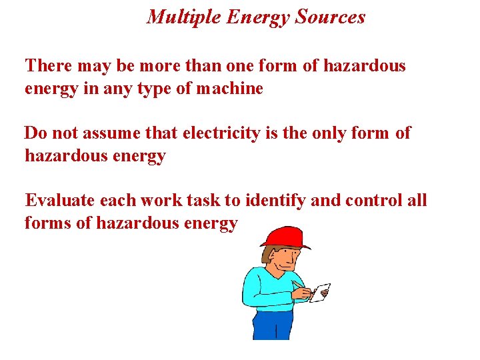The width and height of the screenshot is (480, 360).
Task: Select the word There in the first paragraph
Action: pyautogui.click(x=48, y=66)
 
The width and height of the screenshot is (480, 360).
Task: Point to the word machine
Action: pyautogui.click(x=229, y=89)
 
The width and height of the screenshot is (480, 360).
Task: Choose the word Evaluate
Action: pyautogui.click(x=59, y=200)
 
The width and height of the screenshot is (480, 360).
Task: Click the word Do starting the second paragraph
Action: pyautogui.click(x=35, y=133)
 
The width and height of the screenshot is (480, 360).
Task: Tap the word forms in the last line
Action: pyautogui.click(x=47, y=223)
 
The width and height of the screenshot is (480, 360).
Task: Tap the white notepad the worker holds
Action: pyautogui.click(x=321, y=292)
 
